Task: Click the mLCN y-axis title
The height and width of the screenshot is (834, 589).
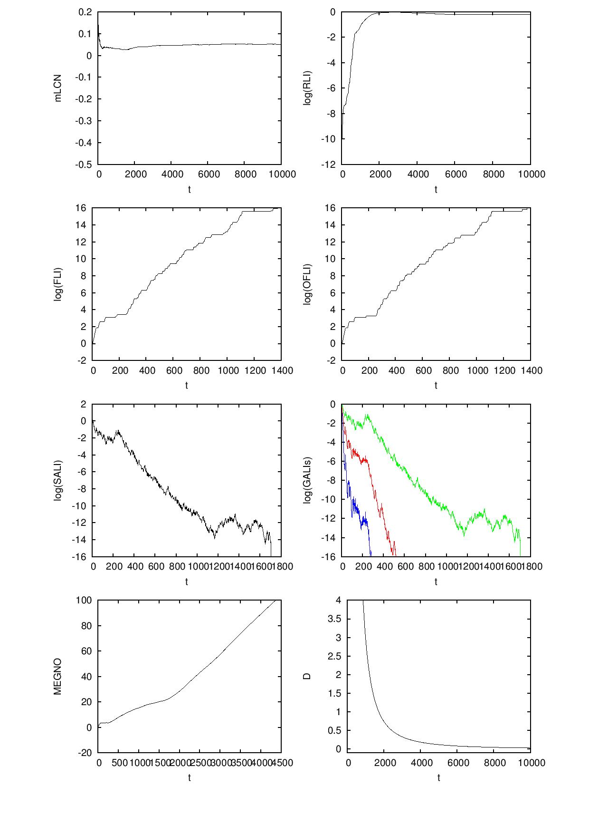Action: pos(58,88)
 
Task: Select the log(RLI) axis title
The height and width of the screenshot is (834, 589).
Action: pos(308,88)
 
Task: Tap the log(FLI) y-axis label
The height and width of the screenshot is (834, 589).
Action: pos(58,284)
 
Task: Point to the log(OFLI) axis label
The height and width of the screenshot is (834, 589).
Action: pos(308,284)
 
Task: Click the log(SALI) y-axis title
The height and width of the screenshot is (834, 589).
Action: pos(58,480)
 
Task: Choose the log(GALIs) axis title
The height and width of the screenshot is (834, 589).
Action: pos(308,480)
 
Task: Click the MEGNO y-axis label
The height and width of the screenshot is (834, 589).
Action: pos(58,676)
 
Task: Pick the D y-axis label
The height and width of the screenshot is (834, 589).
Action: pos(307,676)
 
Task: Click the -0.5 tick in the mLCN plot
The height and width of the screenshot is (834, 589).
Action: pos(84,165)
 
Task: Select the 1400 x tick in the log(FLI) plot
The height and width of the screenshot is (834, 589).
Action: pos(281,370)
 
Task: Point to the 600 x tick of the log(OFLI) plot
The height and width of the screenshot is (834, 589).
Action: pos(423,370)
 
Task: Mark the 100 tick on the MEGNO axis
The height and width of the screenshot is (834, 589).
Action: pos(84,601)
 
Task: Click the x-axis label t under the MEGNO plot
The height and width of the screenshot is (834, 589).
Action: pos(189,778)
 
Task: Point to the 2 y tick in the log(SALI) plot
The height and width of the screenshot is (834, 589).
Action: pos(84,404)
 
